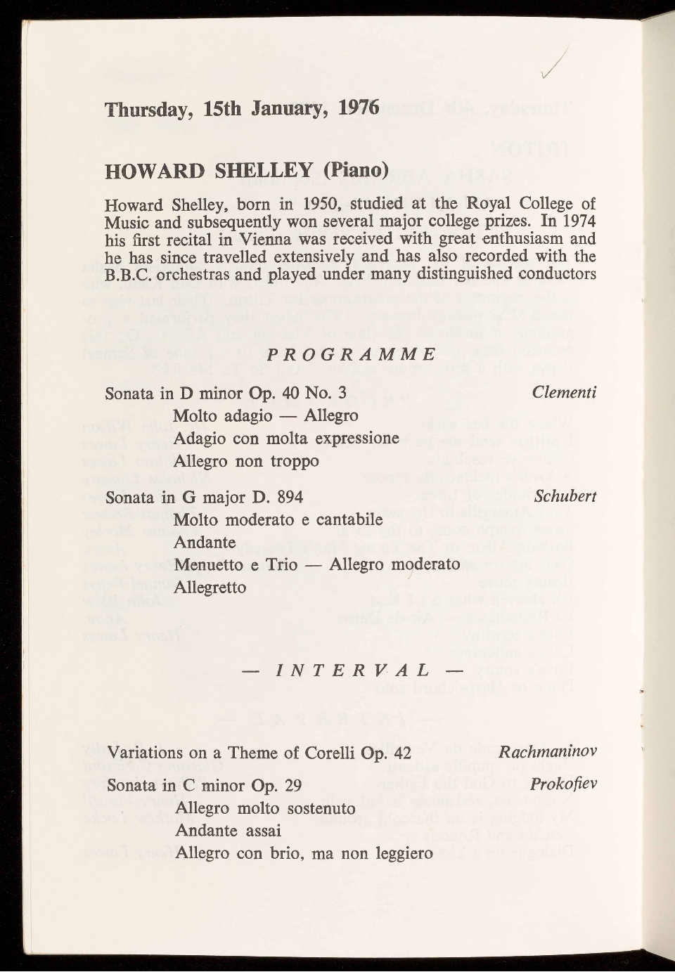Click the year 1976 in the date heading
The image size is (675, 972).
click(358, 109)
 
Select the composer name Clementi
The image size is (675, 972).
click(564, 392)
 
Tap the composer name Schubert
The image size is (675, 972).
click(565, 496)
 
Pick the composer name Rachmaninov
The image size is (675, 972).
click(547, 752)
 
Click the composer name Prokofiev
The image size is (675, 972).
click(564, 783)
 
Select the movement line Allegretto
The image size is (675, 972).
click(210, 587)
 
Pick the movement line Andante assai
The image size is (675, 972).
click(228, 831)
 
